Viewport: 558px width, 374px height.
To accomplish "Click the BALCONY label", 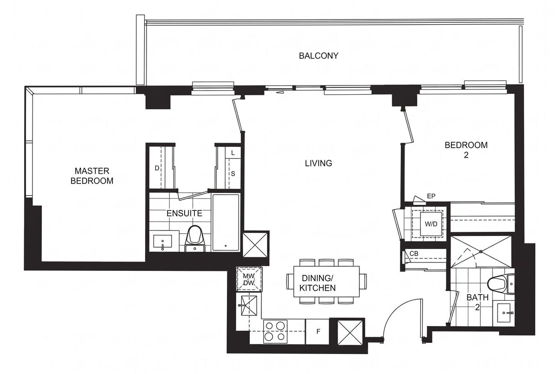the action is (319, 56).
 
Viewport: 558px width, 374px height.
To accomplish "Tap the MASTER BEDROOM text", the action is (92, 176).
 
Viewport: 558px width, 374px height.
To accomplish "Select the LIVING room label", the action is (319, 163).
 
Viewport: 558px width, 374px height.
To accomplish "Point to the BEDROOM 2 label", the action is (466, 150).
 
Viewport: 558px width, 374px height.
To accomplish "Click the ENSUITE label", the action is (184, 213).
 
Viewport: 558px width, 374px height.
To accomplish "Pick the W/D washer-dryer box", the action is (431, 224).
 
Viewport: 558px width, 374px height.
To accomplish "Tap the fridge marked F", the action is (318, 332).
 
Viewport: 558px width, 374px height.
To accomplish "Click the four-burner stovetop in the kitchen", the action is (275, 331).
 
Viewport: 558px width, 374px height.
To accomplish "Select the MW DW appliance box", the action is (249, 279).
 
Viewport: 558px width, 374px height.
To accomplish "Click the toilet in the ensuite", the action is (195, 238).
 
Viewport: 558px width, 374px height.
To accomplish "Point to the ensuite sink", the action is (162, 242).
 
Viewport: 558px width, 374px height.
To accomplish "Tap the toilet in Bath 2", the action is (501, 284).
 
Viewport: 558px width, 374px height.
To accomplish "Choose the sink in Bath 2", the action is (504, 313).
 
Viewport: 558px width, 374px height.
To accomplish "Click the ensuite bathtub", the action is (226, 222).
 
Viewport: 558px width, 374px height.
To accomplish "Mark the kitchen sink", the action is (248, 306).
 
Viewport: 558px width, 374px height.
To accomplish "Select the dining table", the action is (326, 282).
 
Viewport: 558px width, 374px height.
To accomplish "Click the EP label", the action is (431, 196).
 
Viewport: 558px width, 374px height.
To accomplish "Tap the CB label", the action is (414, 254).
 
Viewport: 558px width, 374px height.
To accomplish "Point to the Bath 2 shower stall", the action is (481, 252).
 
